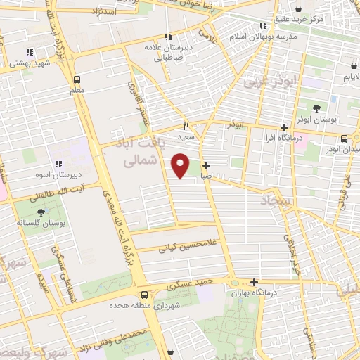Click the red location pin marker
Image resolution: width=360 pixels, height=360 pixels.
181,165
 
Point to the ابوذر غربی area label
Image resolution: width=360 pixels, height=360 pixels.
271,82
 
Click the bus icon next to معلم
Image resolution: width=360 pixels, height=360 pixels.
76,79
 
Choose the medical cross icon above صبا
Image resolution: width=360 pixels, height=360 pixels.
205,165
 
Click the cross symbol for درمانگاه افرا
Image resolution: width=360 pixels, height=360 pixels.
284,128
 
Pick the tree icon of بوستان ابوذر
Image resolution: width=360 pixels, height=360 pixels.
316,108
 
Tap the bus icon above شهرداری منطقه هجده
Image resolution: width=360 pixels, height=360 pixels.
143,295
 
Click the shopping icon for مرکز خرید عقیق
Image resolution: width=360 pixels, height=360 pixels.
300,8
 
